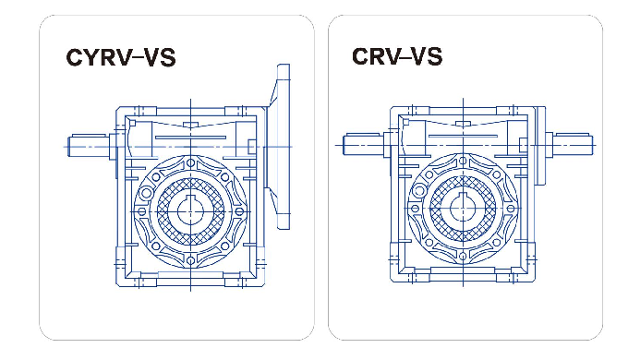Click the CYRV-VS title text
click(121, 57)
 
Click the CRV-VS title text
click(397, 56)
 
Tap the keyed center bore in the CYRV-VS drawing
click(190, 210)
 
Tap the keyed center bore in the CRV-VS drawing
click(463, 208)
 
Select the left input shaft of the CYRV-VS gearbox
click(89, 145)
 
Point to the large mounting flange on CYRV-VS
click(281, 147)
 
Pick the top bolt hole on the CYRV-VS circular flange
click(190, 163)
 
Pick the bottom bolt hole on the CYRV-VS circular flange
click(190, 260)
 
